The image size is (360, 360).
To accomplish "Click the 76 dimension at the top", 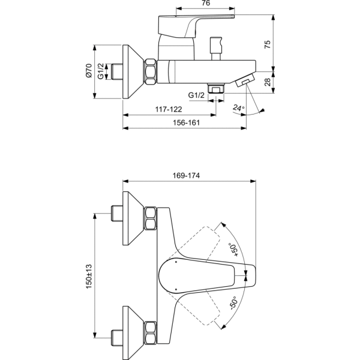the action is (x=206, y=3).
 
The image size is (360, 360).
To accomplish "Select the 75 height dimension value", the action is (x=268, y=44).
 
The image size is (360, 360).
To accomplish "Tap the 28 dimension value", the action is (x=268, y=82).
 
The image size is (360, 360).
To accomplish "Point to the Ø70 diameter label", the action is (x=89, y=70).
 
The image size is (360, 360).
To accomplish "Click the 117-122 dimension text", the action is (x=169, y=109).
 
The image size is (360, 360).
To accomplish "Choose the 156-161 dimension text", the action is (x=186, y=123).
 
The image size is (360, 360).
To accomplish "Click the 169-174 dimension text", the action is (x=186, y=176).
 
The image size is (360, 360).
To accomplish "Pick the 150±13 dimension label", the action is (x=89, y=277).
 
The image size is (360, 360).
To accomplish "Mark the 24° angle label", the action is (x=239, y=107).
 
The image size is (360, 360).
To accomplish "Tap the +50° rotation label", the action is (x=233, y=249).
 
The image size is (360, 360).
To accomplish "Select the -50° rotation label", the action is (x=233, y=303).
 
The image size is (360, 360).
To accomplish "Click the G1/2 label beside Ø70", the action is (x=101, y=71).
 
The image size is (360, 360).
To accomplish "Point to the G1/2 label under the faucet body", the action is (x=196, y=95).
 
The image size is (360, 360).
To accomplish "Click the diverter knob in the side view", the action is (x=216, y=49).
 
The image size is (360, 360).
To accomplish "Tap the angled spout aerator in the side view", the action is (x=245, y=80).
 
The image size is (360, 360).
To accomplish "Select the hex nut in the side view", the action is (x=151, y=71).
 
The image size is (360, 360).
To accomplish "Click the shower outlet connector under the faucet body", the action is (x=216, y=88).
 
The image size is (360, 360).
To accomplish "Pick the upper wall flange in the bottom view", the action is (x=133, y=218).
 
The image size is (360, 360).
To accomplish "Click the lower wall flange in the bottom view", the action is (x=133, y=333).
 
